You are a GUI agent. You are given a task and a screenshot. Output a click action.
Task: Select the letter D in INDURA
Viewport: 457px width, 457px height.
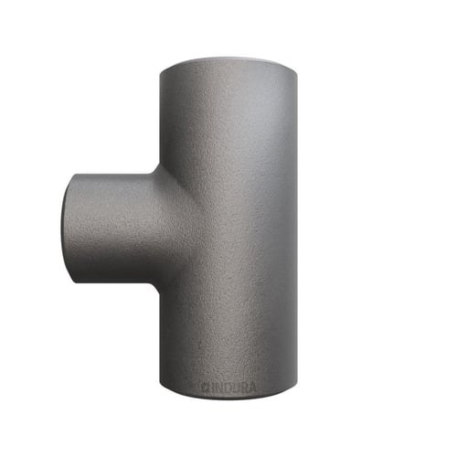(x=228, y=388)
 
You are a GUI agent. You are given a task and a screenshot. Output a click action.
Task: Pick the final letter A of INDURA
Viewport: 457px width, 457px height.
(x=252, y=388)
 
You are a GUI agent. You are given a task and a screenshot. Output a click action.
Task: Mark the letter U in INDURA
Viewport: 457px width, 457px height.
(x=236, y=388)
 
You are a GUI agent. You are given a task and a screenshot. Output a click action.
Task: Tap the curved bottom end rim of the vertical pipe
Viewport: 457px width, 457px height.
(x=228, y=397)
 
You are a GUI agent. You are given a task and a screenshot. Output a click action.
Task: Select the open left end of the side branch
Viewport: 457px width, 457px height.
(x=68, y=228)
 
